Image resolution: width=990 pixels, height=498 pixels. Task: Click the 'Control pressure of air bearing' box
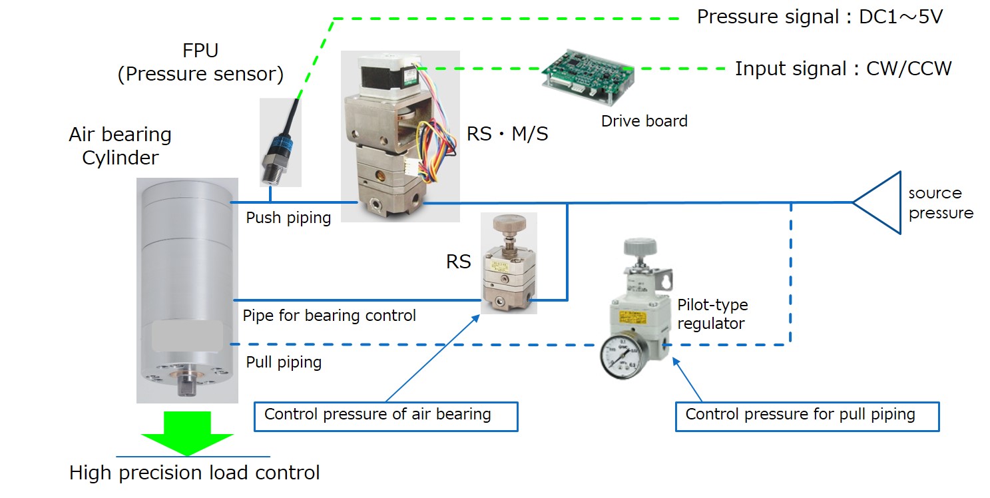386,415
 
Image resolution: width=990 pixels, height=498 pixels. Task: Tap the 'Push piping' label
288,218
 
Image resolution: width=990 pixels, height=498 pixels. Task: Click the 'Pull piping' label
284,362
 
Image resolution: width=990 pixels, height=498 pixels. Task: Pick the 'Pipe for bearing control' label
330,315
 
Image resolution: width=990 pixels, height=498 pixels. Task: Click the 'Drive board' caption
644,121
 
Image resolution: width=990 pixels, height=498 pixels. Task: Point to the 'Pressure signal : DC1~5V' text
820,17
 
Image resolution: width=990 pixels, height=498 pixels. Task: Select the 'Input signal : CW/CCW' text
843,68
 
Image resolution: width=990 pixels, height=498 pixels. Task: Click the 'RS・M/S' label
507,133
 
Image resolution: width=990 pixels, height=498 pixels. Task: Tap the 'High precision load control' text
194,473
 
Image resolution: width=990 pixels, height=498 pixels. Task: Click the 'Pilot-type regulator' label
712,314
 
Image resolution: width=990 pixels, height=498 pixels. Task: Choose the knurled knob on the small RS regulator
509,224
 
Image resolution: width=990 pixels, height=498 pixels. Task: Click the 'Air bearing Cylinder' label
120,146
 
